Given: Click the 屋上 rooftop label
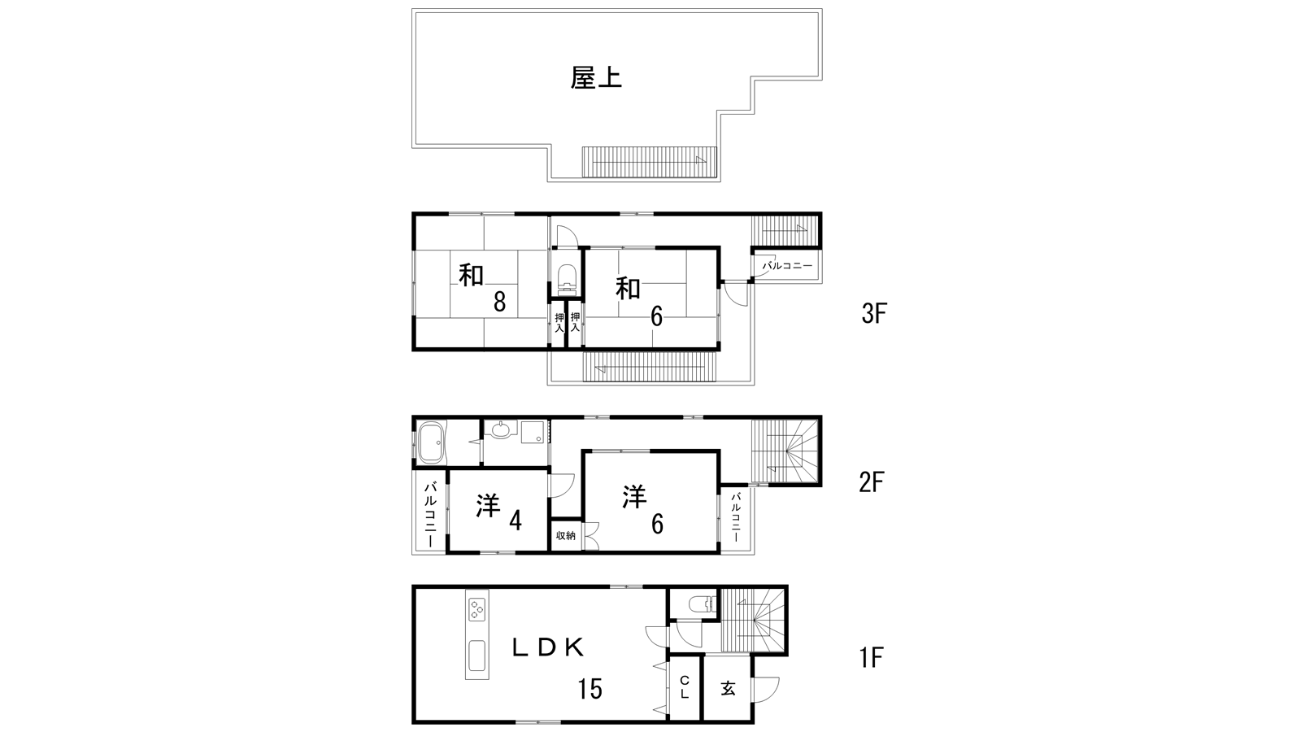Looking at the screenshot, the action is click(x=596, y=78).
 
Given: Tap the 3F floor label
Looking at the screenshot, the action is click(x=873, y=314).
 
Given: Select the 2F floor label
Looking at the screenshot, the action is click(x=871, y=482).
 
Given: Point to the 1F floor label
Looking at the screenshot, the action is click(x=871, y=658).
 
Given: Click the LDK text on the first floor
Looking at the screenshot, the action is click(x=548, y=647).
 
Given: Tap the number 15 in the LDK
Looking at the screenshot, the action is click(x=590, y=689).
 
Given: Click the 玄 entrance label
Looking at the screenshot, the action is click(x=728, y=689).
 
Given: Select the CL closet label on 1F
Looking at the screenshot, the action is click(x=685, y=686).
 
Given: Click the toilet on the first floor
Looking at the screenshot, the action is click(x=702, y=605).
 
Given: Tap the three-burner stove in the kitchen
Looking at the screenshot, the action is click(x=476, y=610).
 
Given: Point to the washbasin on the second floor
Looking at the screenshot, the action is click(x=502, y=430).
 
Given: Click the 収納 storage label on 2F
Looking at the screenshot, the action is click(x=566, y=535).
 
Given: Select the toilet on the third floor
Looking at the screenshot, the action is click(x=566, y=277).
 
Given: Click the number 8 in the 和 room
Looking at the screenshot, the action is click(x=499, y=302).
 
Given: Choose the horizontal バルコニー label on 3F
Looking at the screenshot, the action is click(x=787, y=265).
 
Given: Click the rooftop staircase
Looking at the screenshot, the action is click(x=650, y=162).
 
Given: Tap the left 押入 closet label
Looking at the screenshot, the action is click(x=559, y=322).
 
